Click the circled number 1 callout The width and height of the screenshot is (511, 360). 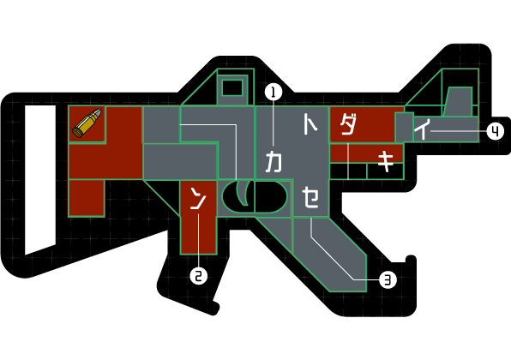pyautogui.click(x=274, y=93)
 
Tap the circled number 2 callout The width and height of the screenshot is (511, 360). pyautogui.click(x=199, y=275)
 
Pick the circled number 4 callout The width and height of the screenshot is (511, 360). pyautogui.click(x=495, y=131)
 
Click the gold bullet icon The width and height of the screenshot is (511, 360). pyautogui.click(x=87, y=123)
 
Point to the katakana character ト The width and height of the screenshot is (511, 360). pyautogui.click(x=310, y=123)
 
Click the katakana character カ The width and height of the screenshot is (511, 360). pyautogui.click(x=274, y=161)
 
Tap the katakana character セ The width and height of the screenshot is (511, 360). pyautogui.click(x=310, y=197)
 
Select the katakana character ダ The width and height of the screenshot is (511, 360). pyautogui.click(x=348, y=124)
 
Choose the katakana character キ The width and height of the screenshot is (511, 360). pyautogui.click(x=386, y=162)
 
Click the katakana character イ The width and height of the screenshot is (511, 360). pyautogui.click(x=423, y=129)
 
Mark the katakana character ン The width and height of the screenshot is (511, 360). pyautogui.click(x=198, y=198)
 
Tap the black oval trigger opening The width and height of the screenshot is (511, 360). pyautogui.click(x=255, y=196)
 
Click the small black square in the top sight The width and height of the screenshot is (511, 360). pyautogui.click(x=232, y=87)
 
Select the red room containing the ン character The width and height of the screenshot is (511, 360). pyautogui.click(x=198, y=218)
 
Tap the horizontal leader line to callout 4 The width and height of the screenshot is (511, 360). pyautogui.click(x=458, y=131)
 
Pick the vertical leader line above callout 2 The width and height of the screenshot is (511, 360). pyautogui.click(x=199, y=240)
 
